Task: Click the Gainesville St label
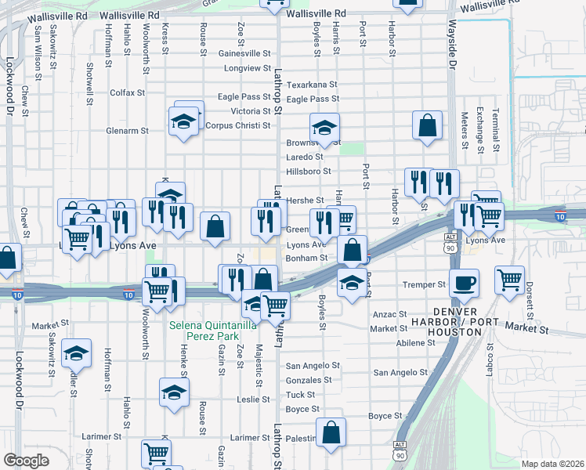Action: (x=244, y=54)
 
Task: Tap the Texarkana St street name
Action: (x=311, y=85)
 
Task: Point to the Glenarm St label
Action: (x=127, y=131)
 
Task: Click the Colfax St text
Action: (x=128, y=92)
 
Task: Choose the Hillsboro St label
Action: (x=309, y=171)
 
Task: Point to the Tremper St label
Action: (x=423, y=284)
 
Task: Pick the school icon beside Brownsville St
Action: (x=324, y=127)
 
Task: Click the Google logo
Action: (x=26, y=461)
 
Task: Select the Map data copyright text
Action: (x=553, y=464)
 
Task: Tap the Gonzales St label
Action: (x=312, y=380)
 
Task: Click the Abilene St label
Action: (x=416, y=343)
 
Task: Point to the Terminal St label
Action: (x=495, y=130)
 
